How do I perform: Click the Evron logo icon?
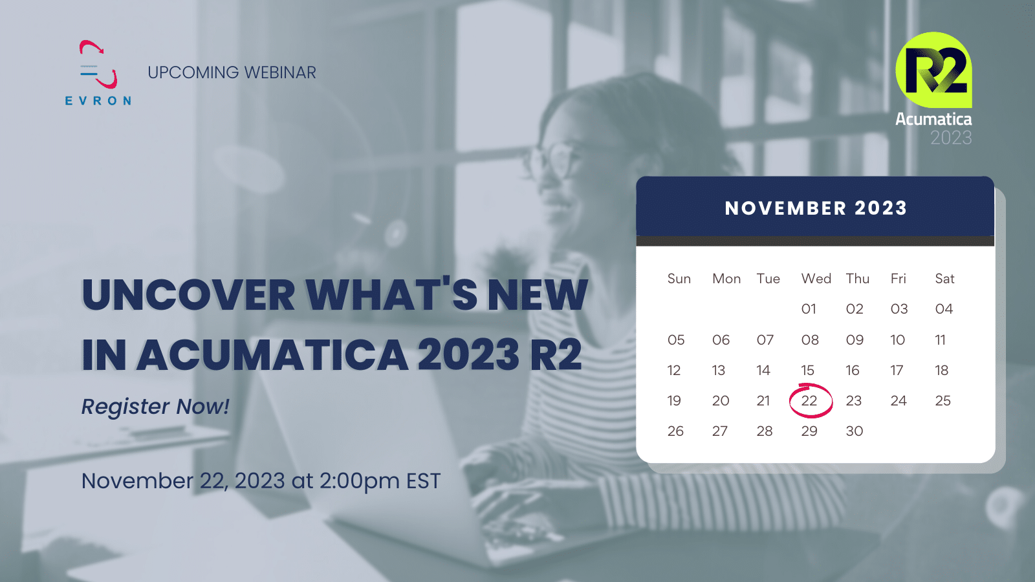(x=98, y=65)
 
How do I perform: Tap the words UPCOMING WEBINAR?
(x=232, y=72)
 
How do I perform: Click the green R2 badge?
(x=934, y=70)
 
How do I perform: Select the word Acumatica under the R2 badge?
(x=933, y=119)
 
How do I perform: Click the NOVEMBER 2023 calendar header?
(x=815, y=208)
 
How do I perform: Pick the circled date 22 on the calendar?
(x=809, y=401)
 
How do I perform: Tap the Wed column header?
(x=816, y=279)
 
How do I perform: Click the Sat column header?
(x=944, y=279)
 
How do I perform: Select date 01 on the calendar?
(x=809, y=309)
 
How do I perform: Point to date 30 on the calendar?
(x=854, y=431)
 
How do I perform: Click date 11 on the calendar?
(x=940, y=340)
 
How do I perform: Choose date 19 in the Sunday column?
(x=674, y=401)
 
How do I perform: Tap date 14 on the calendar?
(x=763, y=371)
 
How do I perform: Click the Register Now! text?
(x=155, y=407)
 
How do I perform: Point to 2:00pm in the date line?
(x=359, y=481)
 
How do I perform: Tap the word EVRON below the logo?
(x=98, y=101)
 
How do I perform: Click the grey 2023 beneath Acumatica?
(x=950, y=138)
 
